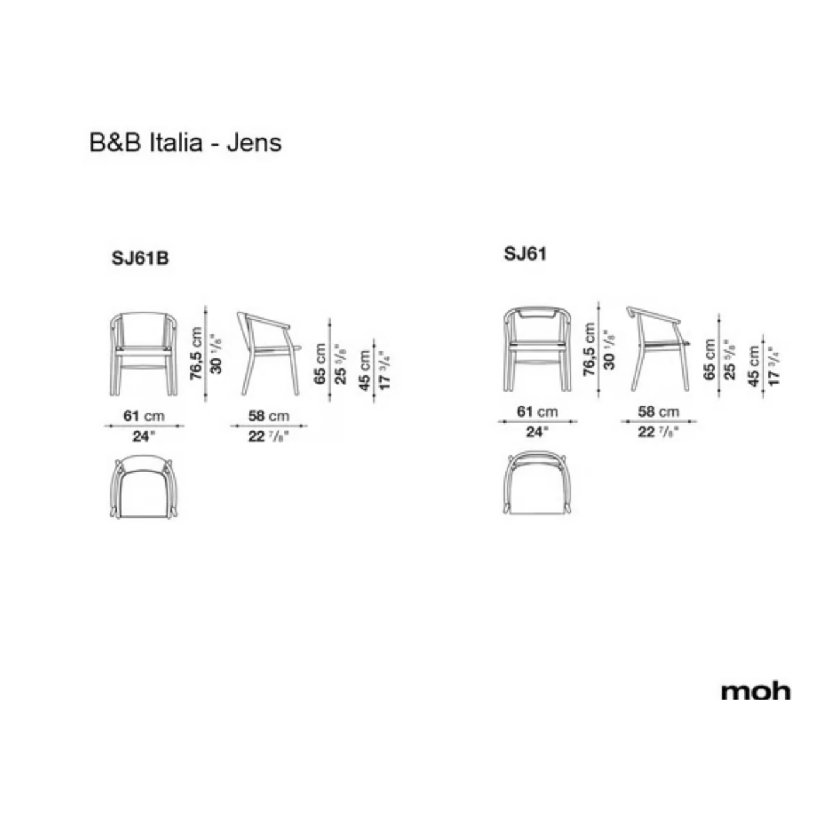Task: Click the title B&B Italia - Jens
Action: coord(185,143)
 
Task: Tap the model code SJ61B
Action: coord(140,258)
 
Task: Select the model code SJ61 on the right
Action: coord(525,254)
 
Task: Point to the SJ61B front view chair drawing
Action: coord(144,354)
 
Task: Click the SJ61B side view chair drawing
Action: coord(269,354)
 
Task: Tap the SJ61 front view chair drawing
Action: coord(537,349)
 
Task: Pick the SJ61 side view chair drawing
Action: coord(659,349)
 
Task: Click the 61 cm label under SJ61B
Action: coord(144,416)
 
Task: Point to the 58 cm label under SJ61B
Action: coord(269,416)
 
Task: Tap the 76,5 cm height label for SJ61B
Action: coord(196,354)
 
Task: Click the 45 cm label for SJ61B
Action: coord(365,370)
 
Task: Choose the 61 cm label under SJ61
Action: coord(537,411)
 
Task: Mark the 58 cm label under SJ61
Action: coord(659,411)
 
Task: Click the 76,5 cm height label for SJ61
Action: coord(589,349)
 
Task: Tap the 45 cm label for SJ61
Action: coord(754,366)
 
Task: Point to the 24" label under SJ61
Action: coord(537,432)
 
